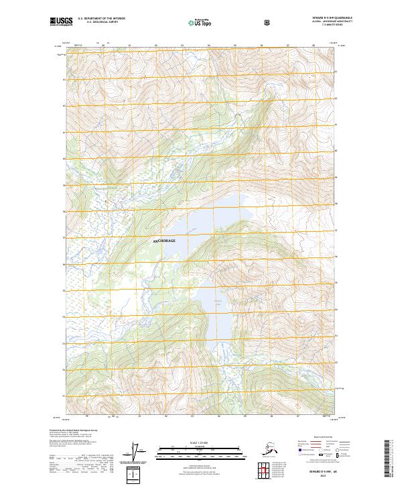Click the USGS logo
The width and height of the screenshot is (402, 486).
(61, 22)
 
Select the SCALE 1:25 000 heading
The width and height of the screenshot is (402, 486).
(200, 442)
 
